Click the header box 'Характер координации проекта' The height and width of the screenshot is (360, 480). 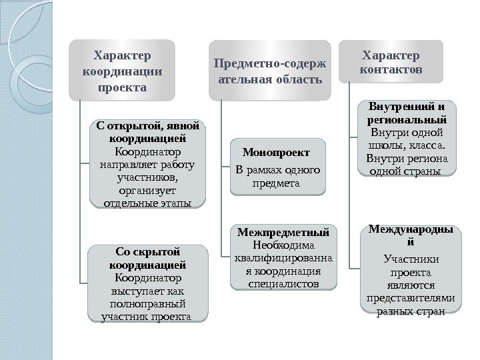123,69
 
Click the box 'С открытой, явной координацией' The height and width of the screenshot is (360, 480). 147,163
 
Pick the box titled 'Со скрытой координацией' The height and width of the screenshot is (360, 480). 147,283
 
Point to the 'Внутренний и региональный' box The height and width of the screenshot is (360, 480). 407,138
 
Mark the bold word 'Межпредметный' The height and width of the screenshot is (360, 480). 283,233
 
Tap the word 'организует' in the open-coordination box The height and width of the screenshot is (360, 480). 147,190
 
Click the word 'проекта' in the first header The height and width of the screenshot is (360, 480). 123,87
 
